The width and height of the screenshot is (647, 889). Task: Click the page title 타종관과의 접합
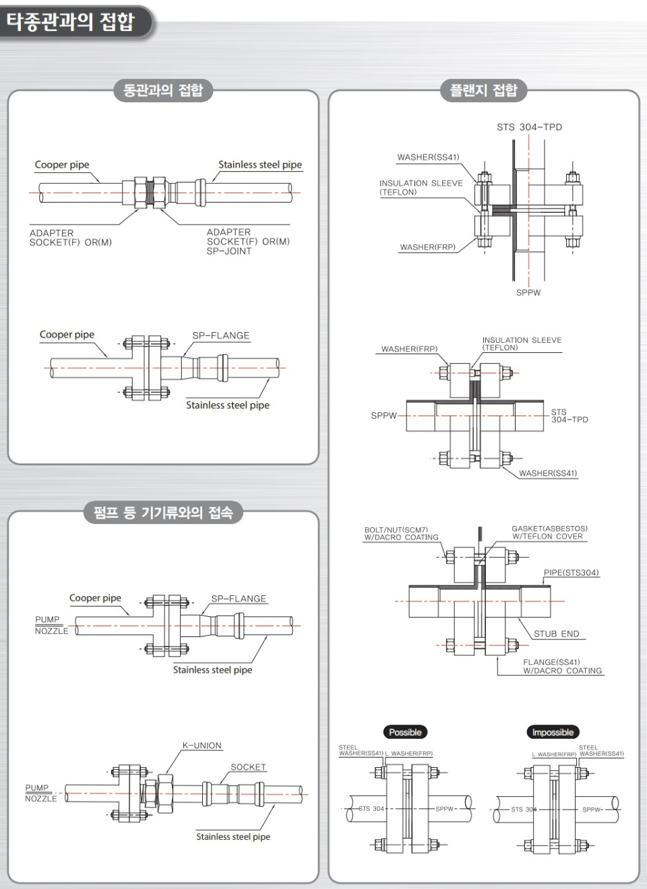(71, 22)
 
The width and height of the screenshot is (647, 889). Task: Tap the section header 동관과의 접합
(163, 90)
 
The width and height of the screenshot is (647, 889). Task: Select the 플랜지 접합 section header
(483, 90)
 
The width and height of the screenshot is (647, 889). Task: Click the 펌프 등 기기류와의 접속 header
(163, 513)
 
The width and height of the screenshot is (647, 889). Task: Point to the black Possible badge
(405, 732)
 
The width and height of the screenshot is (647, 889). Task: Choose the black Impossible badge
(553, 732)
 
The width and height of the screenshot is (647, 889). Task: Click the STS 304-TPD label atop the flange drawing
(529, 127)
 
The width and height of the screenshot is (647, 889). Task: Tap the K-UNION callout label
(202, 746)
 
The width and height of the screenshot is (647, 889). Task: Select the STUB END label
(556, 634)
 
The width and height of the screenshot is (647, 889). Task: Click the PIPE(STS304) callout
(571, 572)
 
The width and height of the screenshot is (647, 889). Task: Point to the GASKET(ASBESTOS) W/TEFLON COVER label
(549, 533)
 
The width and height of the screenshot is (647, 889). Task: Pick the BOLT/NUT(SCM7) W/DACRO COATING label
(401, 533)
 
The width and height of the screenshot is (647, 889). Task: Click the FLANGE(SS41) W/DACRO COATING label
(562, 666)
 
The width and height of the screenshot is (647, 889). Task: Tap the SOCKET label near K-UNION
(248, 767)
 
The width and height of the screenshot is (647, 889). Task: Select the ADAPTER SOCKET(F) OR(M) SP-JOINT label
(247, 241)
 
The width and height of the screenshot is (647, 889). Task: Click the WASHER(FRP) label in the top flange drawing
(427, 247)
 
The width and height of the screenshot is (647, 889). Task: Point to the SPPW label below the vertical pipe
(528, 292)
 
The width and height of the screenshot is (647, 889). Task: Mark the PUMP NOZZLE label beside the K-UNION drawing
(40, 793)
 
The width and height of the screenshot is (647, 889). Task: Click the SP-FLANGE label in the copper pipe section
(220, 335)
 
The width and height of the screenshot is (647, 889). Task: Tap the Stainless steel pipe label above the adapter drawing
(259, 165)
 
